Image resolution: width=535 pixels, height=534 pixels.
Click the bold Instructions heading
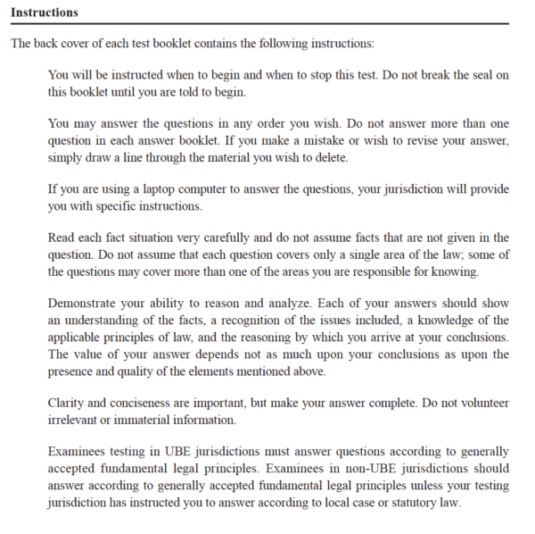click(x=44, y=13)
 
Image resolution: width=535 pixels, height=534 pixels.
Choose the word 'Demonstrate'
click(x=86, y=304)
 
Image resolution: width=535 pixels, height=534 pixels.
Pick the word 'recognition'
click(x=254, y=321)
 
